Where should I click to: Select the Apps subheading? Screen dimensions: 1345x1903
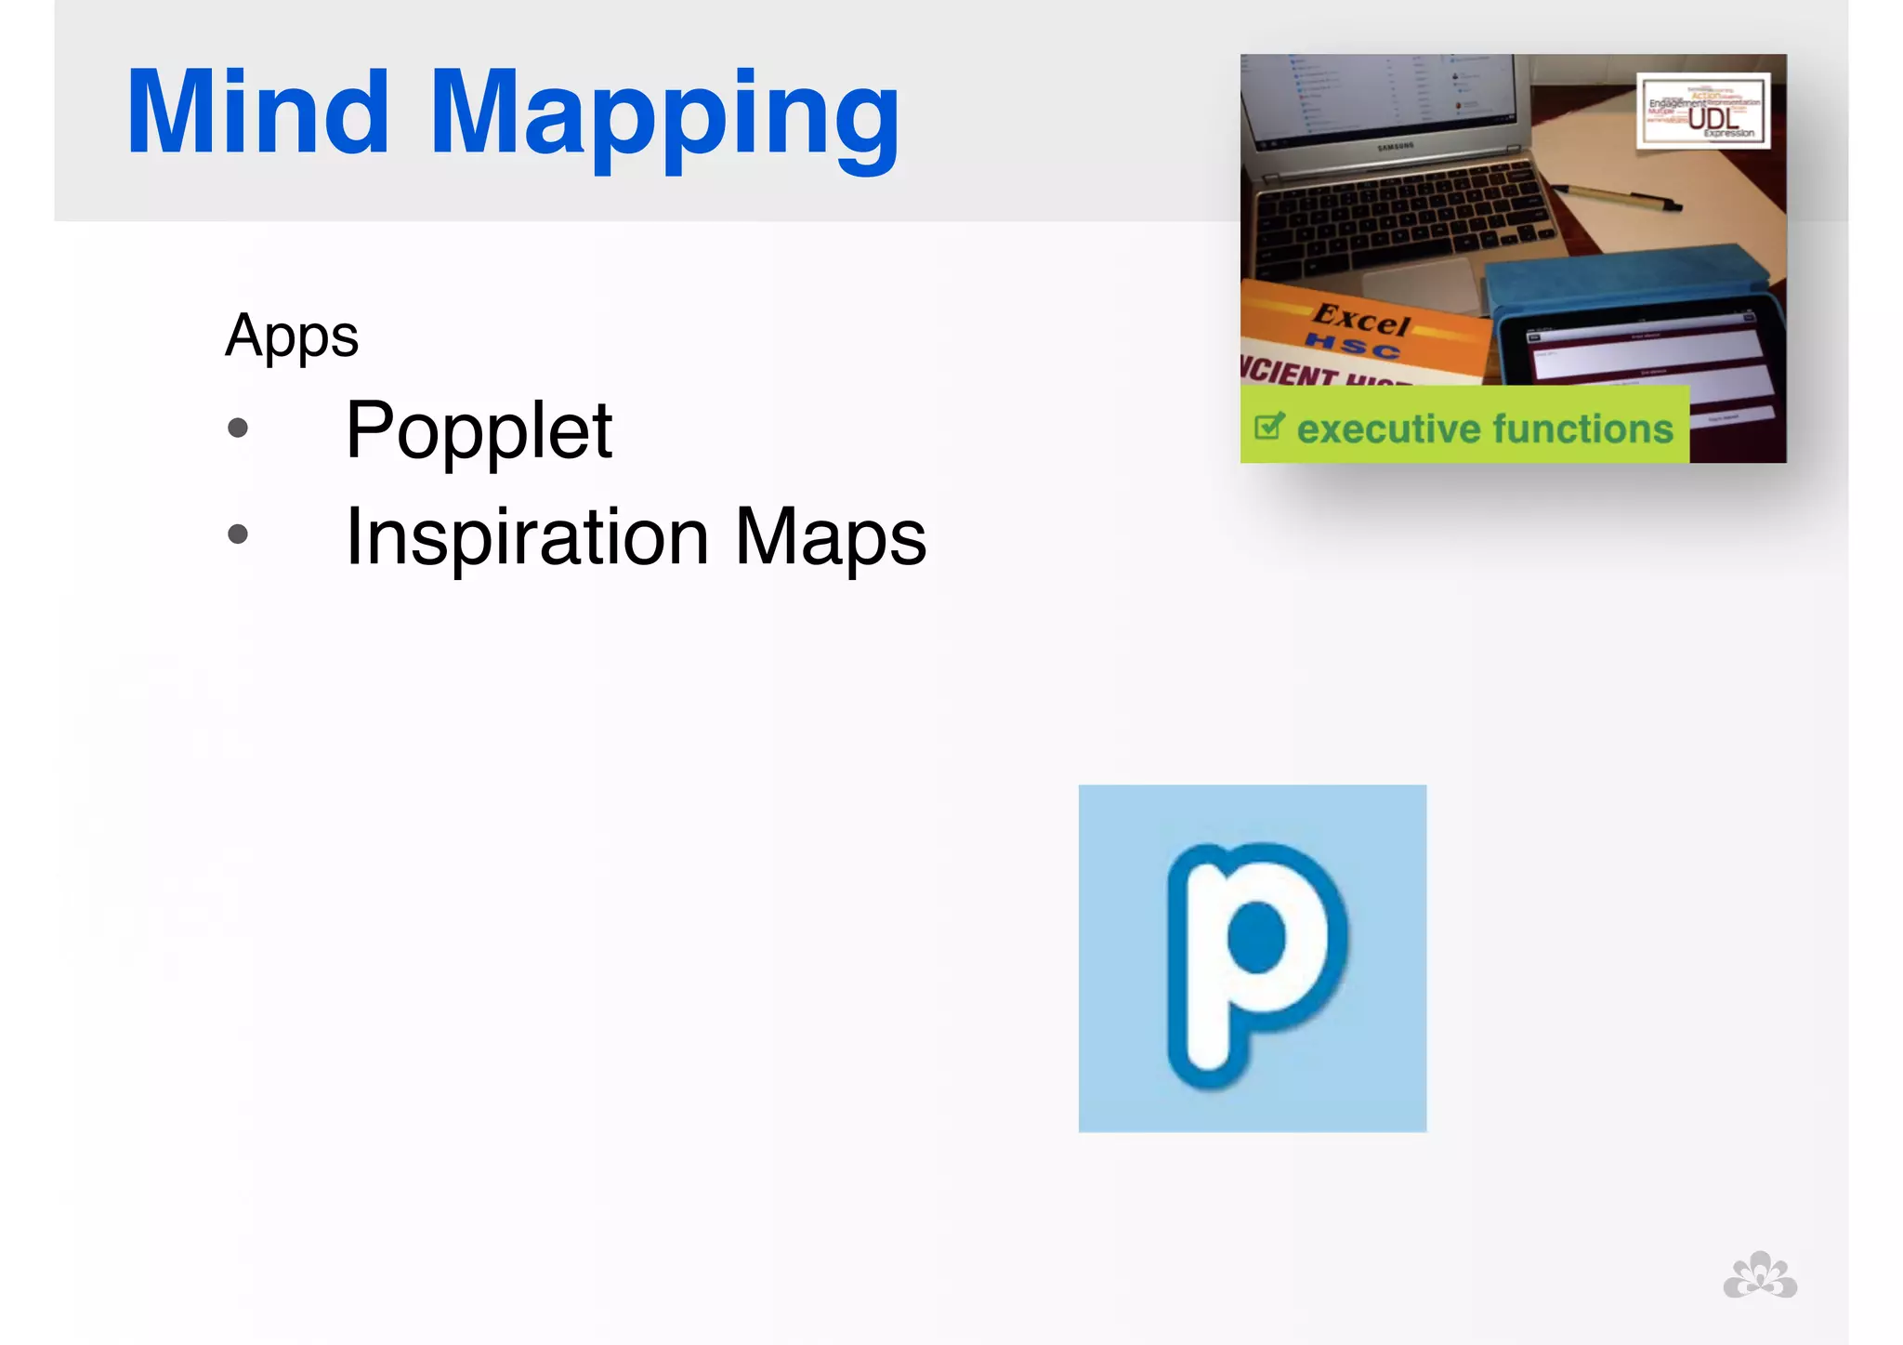[x=292, y=336]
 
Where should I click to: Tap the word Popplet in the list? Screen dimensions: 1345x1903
[x=479, y=431]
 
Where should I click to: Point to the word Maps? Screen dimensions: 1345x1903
[x=831, y=537]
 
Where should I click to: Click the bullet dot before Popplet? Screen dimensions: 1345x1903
[x=238, y=428]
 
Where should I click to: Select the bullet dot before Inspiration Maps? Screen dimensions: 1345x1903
[x=238, y=534]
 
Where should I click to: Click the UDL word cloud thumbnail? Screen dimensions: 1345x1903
[x=1703, y=111]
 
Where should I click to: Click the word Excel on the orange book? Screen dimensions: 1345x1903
[x=1360, y=320]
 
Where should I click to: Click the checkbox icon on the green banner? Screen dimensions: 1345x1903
[x=1269, y=427]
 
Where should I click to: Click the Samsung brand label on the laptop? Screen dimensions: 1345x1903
[x=1395, y=146]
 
